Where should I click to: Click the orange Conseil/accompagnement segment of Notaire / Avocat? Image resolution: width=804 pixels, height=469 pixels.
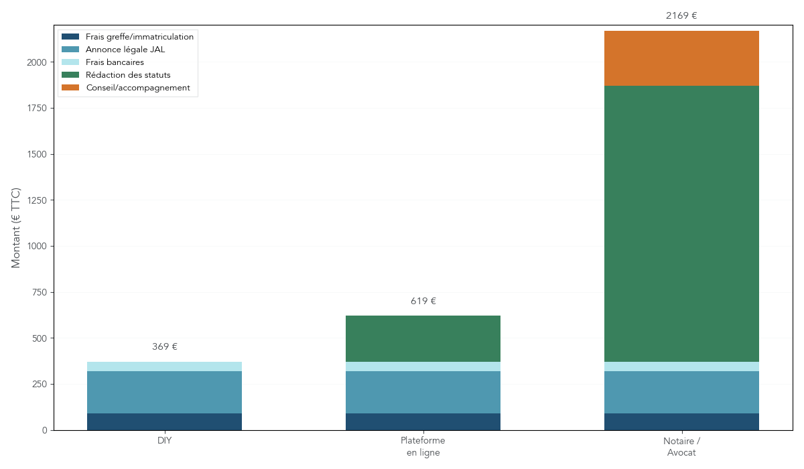coord(681,58)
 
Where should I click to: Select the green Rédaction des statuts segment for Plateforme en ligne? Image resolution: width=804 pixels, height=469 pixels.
coord(423,338)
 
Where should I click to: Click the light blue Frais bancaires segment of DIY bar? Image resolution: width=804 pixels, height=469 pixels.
coord(164,366)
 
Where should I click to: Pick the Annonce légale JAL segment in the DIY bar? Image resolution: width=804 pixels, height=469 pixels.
coord(164,392)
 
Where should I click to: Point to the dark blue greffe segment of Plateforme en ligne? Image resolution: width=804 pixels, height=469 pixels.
coord(423,421)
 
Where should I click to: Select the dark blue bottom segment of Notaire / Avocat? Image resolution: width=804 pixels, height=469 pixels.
coord(681,421)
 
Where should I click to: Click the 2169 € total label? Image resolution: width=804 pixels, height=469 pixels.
coord(681,16)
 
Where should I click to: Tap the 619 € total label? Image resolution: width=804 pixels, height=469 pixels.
coord(423,301)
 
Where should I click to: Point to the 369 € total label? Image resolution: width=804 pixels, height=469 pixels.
coord(164,347)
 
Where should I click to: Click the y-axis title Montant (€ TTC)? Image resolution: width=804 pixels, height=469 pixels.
coord(16,228)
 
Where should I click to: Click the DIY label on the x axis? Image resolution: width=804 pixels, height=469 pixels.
coord(164,441)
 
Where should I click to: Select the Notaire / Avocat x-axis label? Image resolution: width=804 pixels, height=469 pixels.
coord(681,447)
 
